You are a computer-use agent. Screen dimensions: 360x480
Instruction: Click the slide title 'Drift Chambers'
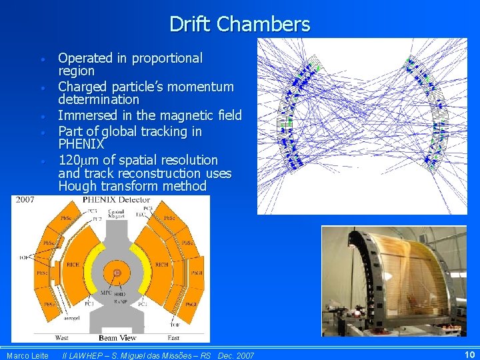[239, 24]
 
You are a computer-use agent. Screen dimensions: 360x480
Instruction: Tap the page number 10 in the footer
[469, 354]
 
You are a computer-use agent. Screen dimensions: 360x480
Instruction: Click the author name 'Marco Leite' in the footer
[27, 355]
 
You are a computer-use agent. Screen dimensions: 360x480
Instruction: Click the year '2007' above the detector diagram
[25, 199]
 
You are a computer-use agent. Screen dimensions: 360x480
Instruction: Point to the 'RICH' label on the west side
[73, 265]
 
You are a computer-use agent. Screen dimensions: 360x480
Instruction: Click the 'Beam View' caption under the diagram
[117, 338]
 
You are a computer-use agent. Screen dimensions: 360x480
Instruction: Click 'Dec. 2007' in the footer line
[236, 355]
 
